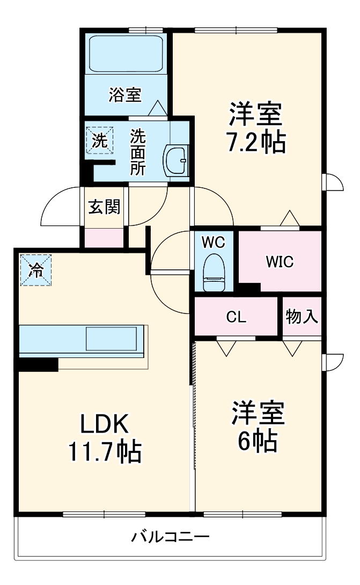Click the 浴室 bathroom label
tap(124, 96)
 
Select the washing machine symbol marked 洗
tap(100, 140)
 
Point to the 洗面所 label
tap(138, 152)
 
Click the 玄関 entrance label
tap(104, 207)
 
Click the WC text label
tap(214, 242)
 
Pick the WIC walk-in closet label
tap(280, 262)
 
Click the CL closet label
tap(236, 317)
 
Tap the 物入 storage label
tap(302, 317)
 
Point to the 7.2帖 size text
tap(255, 143)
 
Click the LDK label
tap(104, 425)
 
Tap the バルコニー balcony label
tap(170, 536)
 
